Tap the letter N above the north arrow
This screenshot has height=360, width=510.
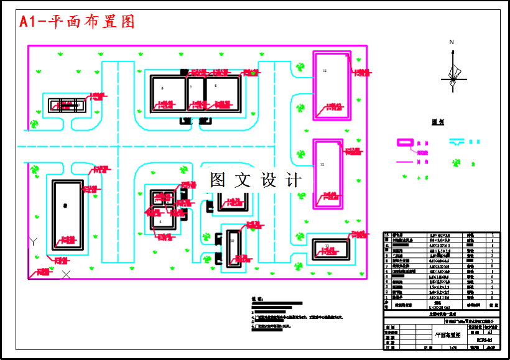pyautogui.click(x=452, y=42)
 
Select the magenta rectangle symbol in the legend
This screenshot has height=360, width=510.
pyautogui.click(x=405, y=142)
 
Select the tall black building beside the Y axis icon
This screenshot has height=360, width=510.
pyautogui.click(x=67, y=215)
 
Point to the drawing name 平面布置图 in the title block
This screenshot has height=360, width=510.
pyautogui.click(x=438, y=334)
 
